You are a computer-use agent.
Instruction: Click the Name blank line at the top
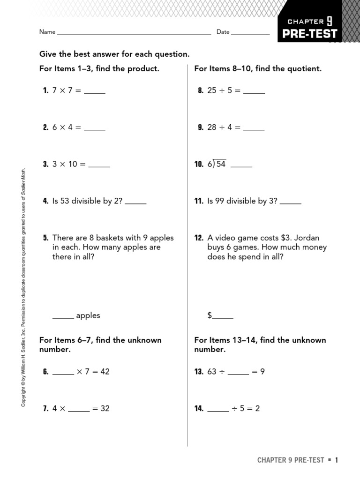(134, 34)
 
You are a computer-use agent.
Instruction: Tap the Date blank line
(250, 34)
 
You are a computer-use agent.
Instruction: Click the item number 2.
(45, 127)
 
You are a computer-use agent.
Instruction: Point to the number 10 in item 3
(73, 164)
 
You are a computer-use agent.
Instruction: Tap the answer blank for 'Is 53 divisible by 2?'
(136, 203)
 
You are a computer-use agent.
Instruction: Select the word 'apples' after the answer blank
(88, 315)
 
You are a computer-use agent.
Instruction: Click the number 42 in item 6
(105, 372)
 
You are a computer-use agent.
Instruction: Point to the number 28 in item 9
(212, 127)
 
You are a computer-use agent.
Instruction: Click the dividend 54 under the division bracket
(221, 164)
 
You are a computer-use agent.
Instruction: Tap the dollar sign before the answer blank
(210, 315)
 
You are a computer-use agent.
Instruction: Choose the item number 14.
(199, 409)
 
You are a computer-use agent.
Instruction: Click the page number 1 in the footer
(336, 460)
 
